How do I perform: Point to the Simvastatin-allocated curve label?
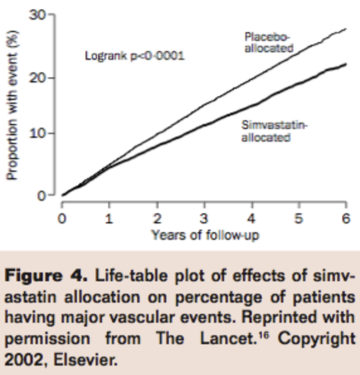pos(268,132)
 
